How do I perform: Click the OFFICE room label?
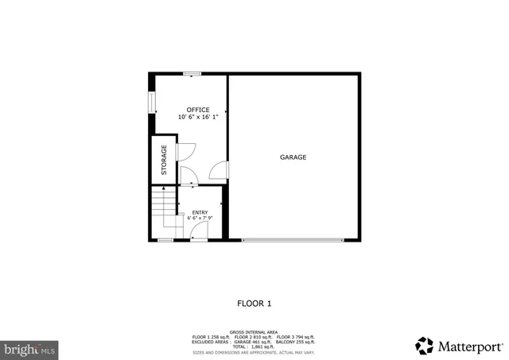point(198,110)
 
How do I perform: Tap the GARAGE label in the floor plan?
point(293,157)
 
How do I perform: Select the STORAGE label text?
point(165,160)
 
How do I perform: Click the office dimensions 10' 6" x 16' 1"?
point(198,118)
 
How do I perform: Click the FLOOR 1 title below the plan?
point(254,303)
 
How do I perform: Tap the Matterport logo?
point(459,345)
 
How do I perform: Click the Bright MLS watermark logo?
point(30,348)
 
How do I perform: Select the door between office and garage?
point(219,170)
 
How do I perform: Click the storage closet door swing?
point(185,152)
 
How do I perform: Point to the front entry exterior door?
point(199,232)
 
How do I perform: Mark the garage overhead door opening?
point(293,240)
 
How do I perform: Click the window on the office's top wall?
point(192,74)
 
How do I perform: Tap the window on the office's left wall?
point(151,103)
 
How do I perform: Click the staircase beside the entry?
point(163,209)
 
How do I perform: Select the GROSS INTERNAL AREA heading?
point(254,331)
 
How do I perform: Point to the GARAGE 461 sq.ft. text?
point(251,342)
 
